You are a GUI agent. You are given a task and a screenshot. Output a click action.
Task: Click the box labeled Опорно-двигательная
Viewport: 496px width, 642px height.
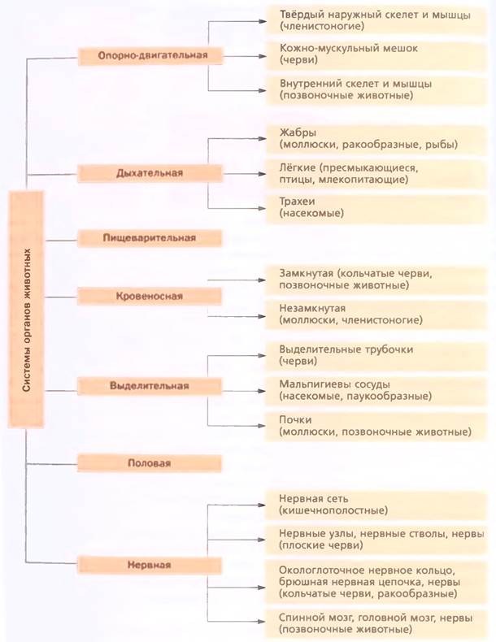pos(150,56)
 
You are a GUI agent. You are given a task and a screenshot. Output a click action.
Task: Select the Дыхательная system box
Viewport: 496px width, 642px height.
pos(150,173)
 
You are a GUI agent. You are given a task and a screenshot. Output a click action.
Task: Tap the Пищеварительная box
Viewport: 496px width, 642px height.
pos(150,238)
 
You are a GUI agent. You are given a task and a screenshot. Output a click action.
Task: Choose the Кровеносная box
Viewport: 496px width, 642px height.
pos(150,296)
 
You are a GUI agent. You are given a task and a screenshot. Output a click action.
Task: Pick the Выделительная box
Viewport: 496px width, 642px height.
pos(150,386)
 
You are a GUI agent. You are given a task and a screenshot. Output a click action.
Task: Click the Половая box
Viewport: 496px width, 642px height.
pos(150,463)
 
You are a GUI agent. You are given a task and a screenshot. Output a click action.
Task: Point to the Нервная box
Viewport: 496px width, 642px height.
pos(150,565)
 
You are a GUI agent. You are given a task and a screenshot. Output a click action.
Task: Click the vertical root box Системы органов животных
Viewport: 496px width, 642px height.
pos(26,310)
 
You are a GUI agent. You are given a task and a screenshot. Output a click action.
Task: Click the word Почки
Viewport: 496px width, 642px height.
pos(295,419)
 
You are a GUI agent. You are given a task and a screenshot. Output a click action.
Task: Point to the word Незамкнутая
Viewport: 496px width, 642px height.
pos(312,308)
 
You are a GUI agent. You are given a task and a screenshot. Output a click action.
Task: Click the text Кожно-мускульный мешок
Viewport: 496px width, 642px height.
pos(349,48)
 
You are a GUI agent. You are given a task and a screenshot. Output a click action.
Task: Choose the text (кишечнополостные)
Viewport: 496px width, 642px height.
pos(333,510)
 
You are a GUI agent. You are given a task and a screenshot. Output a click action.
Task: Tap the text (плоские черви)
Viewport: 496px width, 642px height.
pos(320,545)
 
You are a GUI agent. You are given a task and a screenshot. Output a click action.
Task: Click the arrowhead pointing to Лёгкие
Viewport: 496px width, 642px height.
pos(262,174)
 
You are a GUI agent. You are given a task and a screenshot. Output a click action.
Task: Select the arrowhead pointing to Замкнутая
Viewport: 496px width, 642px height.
pos(262,280)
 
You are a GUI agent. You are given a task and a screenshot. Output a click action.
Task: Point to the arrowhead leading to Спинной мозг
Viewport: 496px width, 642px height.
pos(262,622)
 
